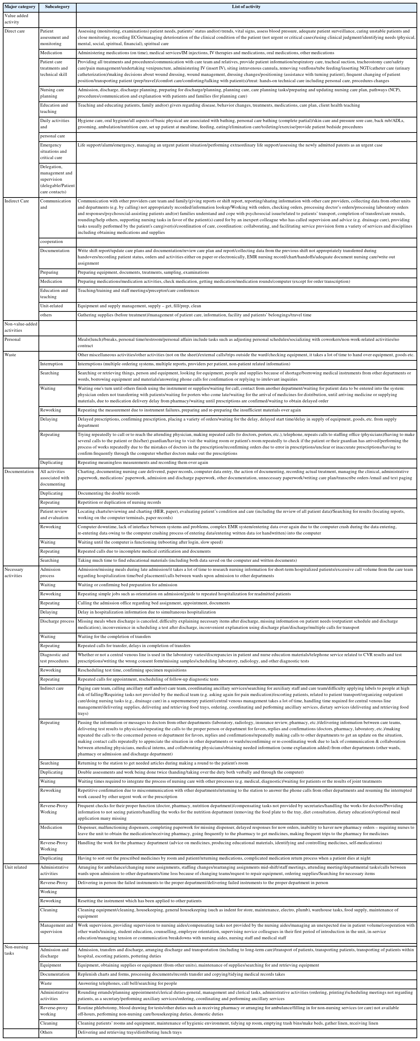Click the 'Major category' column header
pyautogui.click(x=20, y=7)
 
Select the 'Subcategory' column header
pyautogui.click(x=57, y=7)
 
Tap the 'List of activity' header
pyautogui.click(x=246, y=7)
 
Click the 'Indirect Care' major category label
pyautogui.click(x=16, y=201)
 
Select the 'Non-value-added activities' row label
pyautogui.click(x=20, y=327)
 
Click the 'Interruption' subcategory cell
pyautogui.click(x=51, y=364)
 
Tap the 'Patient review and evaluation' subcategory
pyautogui.click(x=54, y=514)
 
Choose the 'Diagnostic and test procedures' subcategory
pyautogui.click(x=55, y=658)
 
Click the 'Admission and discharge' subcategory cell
pyautogui.click(x=54, y=953)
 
